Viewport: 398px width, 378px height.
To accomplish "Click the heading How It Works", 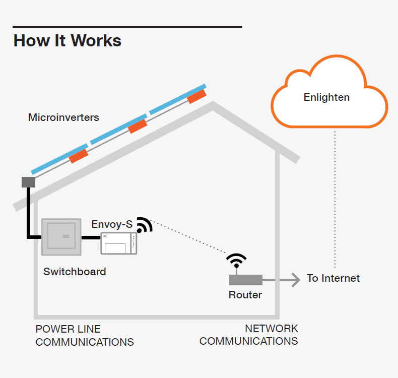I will tap(67, 40).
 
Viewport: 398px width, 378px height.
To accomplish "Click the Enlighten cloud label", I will tap(326, 97).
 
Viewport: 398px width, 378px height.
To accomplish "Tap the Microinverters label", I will tap(63, 117).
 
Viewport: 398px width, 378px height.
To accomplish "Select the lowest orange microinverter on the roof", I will tap(79, 156).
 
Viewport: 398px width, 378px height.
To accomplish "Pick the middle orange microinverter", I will tap(137, 126).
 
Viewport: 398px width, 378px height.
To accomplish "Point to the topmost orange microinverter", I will tap(196, 96).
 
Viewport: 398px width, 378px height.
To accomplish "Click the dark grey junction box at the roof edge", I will tap(28, 181).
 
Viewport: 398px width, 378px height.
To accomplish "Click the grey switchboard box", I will tap(61, 236).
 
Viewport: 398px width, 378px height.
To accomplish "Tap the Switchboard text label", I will tap(75, 272).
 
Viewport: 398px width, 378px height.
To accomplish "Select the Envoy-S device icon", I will tap(118, 243).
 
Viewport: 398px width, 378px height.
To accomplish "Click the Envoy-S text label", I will tap(111, 224).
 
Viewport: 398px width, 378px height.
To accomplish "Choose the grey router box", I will tap(245, 279).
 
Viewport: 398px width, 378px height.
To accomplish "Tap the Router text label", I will tap(245, 295).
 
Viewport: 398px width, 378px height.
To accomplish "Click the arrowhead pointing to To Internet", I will tap(295, 279).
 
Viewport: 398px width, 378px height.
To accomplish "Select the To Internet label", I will tap(333, 278).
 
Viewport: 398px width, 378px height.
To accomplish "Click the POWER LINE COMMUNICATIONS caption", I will tap(85, 336).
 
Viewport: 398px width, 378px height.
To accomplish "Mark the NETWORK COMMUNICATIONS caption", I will tap(249, 335).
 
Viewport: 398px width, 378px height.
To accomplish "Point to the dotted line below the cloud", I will tap(335, 202).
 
